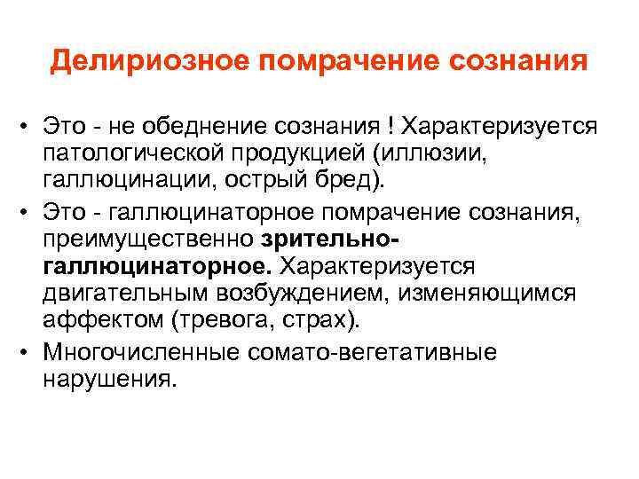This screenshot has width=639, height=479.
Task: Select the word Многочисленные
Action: pyautogui.click(x=133, y=353)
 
